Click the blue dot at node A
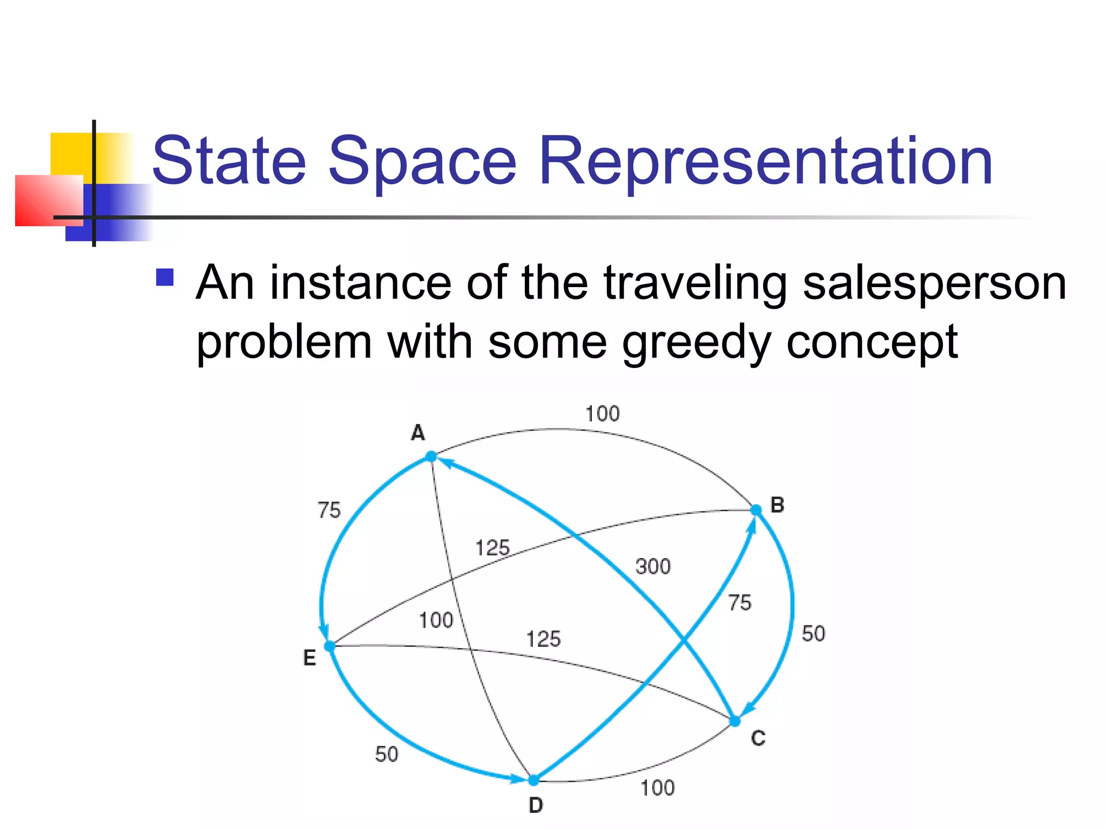pyautogui.click(x=431, y=457)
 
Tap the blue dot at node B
pyautogui.click(x=756, y=509)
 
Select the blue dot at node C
pyautogui.click(x=735, y=722)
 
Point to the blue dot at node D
pyautogui.click(x=534, y=780)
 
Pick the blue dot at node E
pyautogui.click(x=329, y=646)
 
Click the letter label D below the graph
pyautogui.click(x=535, y=805)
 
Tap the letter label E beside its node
pyautogui.click(x=309, y=658)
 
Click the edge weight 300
pyautogui.click(x=653, y=567)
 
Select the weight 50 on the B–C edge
pyautogui.click(x=813, y=634)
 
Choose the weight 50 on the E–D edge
pyautogui.click(x=387, y=755)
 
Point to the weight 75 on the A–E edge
pyautogui.click(x=329, y=510)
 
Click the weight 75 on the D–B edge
pyautogui.click(x=739, y=602)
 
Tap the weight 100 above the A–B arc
pyautogui.click(x=603, y=414)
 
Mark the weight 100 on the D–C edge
pyautogui.click(x=657, y=788)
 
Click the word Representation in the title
pyautogui.click(x=765, y=161)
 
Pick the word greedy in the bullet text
pyautogui.click(x=696, y=342)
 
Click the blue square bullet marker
pyautogui.click(x=165, y=277)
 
